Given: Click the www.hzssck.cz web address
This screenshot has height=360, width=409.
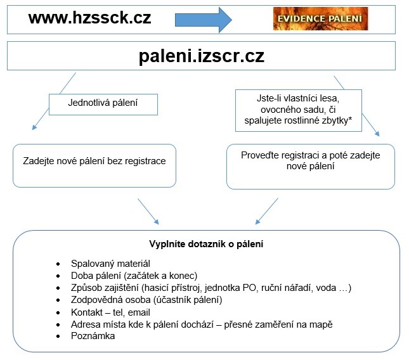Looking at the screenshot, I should pyautogui.click(x=89, y=18).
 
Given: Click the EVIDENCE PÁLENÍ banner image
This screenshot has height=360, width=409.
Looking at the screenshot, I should pyautogui.click(x=320, y=18).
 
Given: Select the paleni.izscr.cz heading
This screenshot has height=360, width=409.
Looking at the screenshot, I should pyautogui.click(x=201, y=56).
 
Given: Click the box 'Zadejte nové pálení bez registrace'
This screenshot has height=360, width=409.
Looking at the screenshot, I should pyautogui.click(x=94, y=162).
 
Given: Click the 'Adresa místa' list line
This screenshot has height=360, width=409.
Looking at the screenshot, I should pyautogui.click(x=202, y=325).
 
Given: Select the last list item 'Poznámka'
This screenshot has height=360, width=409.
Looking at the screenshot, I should pyautogui.click(x=94, y=336).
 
